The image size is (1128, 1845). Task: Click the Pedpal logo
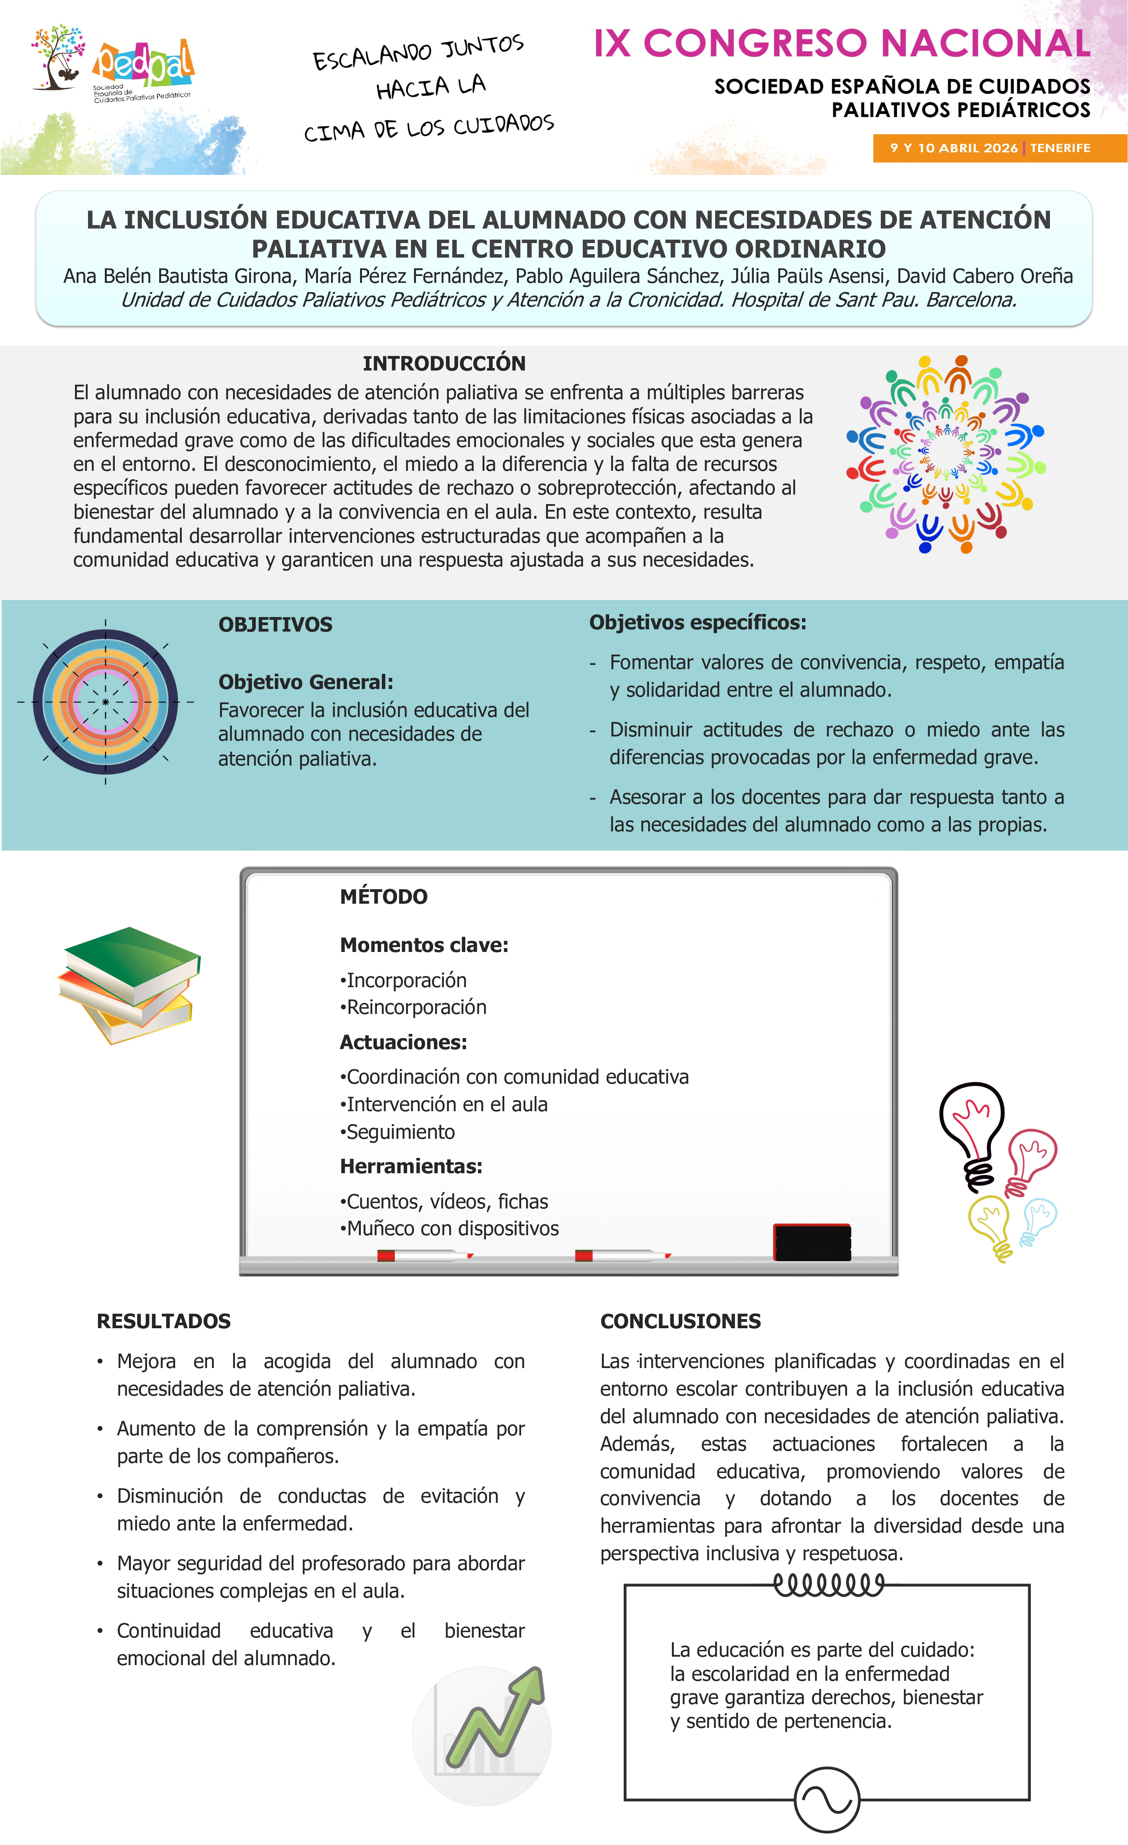click(142, 64)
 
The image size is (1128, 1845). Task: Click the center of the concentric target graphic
click(106, 702)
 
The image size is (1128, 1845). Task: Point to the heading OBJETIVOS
click(275, 624)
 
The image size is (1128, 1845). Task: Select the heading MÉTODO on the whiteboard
click(383, 896)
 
